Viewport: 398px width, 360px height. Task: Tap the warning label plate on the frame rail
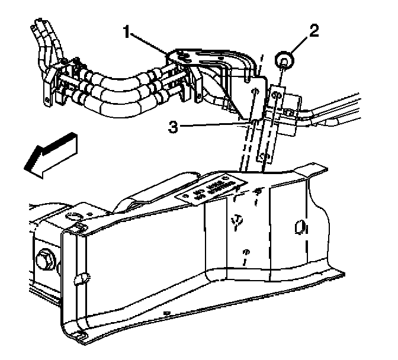(213, 190)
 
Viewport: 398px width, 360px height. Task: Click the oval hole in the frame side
(299, 227)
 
